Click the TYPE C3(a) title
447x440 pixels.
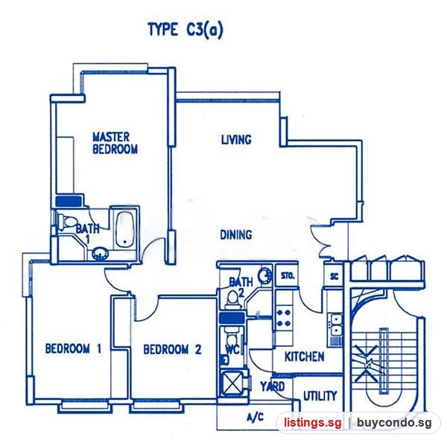point(186,30)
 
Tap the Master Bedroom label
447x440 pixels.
point(115,143)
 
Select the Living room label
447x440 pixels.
point(236,140)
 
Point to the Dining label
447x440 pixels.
point(236,235)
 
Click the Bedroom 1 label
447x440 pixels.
point(73,348)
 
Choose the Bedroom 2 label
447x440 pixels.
point(173,349)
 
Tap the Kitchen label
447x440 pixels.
point(305,357)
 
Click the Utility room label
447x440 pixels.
point(320,396)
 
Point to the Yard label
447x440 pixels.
point(273,386)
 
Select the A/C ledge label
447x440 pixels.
point(255,418)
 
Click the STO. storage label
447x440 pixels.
point(288,276)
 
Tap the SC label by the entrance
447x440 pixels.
point(334,276)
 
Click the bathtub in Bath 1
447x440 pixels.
point(125,230)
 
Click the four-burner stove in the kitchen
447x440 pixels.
point(284,318)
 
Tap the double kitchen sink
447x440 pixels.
point(336,325)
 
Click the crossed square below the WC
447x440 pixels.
point(232,383)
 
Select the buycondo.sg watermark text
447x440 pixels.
point(394,423)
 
